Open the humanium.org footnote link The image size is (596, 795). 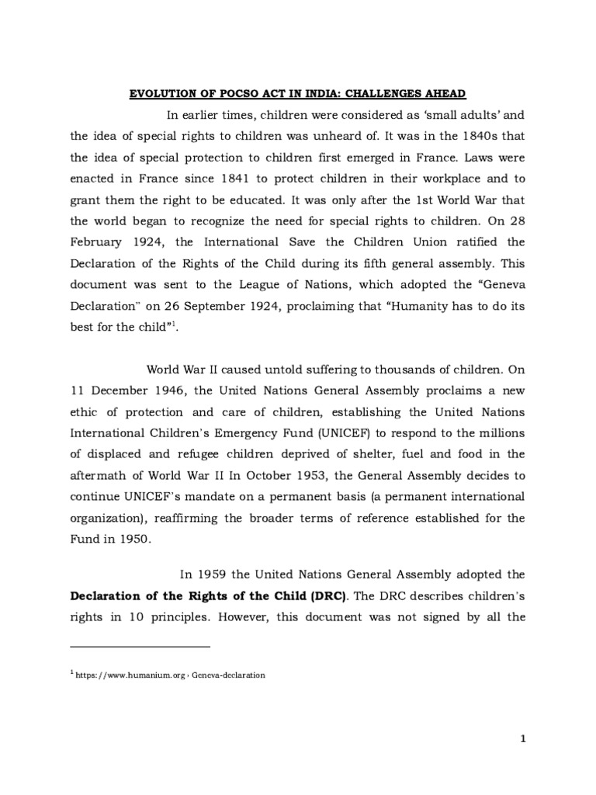[x=171, y=675]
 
